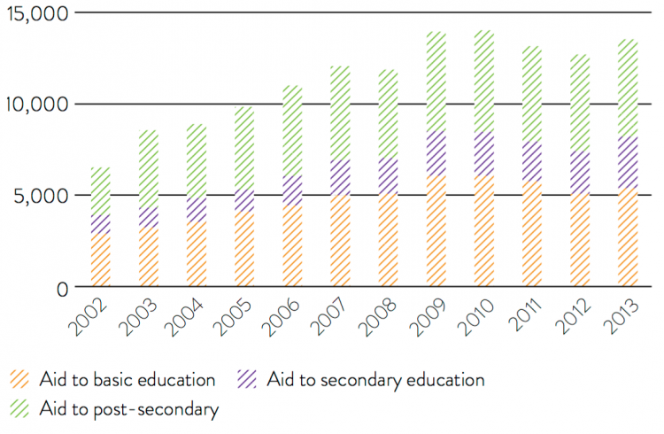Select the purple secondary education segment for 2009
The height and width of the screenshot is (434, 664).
[436, 154]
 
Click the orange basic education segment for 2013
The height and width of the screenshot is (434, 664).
[628, 238]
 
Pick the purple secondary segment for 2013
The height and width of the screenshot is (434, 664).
[628, 163]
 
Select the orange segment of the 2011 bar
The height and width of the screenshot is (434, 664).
[532, 235]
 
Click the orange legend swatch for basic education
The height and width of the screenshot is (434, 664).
[20, 380]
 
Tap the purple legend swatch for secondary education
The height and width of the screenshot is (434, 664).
[247, 380]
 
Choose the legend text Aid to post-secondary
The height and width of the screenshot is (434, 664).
[128, 409]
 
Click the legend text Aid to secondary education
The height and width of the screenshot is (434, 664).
[375, 380]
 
